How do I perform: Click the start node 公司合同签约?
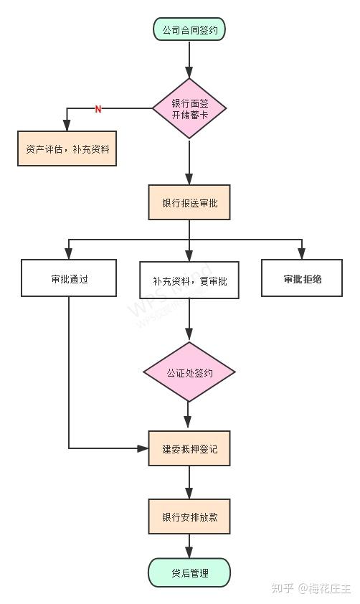[x=189, y=29]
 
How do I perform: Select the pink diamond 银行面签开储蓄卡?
[x=189, y=108]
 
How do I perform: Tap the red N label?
[x=98, y=109]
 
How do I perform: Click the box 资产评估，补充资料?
[x=67, y=149]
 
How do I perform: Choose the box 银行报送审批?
[x=189, y=202]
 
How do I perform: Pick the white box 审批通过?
[x=69, y=278]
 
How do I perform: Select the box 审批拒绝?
[x=302, y=278]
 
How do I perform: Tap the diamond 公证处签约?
[x=189, y=372]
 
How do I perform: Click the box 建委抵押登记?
[x=189, y=448]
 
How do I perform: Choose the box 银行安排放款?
[x=189, y=516]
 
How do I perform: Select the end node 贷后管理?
[x=189, y=573]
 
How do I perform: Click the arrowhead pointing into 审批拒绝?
[x=302, y=253]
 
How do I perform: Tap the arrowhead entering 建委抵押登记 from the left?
[x=143, y=448]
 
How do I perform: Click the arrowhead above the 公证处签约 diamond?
[x=189, y=334]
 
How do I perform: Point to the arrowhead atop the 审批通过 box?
[x=69, y=253]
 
